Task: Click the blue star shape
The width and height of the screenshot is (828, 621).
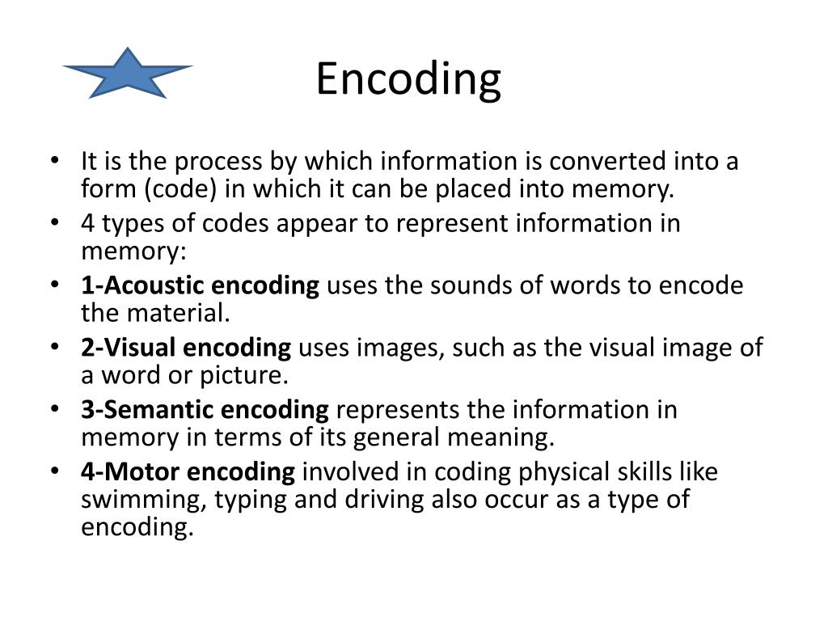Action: point(128,74)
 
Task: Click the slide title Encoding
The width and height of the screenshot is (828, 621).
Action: point(408,80)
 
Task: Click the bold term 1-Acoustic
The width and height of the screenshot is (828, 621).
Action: point(142,285)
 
